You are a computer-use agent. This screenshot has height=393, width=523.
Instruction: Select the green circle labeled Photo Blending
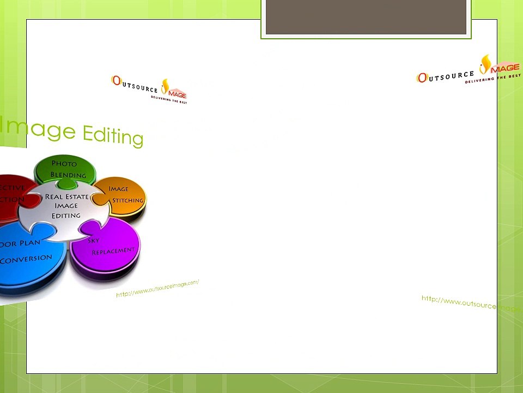click(x=65, y=167)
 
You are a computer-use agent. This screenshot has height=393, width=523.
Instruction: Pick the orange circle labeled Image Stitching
click(x=125, y=193)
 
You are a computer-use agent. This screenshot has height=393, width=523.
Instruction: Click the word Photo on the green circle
click(x=64, y=164)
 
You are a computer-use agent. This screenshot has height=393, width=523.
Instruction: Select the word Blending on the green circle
click(x=68, y=175)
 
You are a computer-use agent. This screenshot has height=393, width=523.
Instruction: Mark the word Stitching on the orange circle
click(x=127, y=200)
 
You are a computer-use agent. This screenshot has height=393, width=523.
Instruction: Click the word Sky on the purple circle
click(x=93, y=240)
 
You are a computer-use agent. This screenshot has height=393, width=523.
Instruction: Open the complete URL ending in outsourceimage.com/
click(x=157, y=288)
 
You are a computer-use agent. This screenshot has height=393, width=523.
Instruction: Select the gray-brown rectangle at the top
click(x=366, y=17)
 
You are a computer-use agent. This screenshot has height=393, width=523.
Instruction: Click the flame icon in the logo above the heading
click(x=165, y=85)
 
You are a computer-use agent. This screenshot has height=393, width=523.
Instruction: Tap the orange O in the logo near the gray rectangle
click(x=422, y=78)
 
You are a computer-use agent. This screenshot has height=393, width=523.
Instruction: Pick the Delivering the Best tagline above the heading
click(x=168, y=100)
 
